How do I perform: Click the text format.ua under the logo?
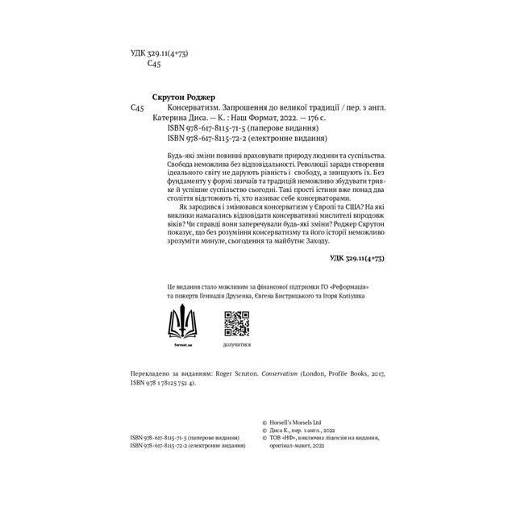(x=182, y=344)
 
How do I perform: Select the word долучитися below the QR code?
(x=236, y=344)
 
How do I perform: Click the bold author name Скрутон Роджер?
(x=184, y=96)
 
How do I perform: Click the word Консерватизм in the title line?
(x=194, y=106)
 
